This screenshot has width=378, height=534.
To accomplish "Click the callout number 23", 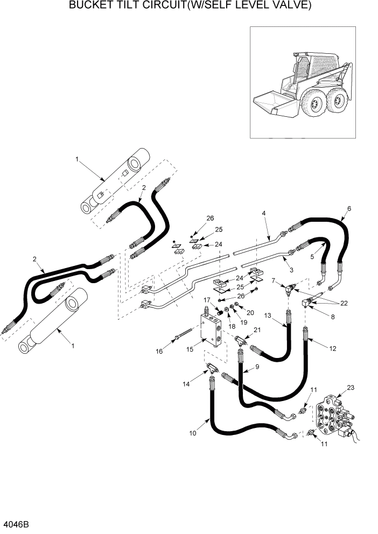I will [351, 387].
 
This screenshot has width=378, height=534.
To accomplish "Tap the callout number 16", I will [158, 352].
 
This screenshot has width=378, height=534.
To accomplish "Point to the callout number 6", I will [349, 208].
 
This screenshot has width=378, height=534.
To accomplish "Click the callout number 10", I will [193, 433].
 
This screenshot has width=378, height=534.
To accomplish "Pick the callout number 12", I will [333, 348].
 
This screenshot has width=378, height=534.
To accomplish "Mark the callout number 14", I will [186, 385].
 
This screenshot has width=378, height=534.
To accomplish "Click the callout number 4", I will [264, 214].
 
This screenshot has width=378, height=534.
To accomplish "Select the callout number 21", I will [257, 330].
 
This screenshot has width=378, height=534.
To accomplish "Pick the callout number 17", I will [206, 300].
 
